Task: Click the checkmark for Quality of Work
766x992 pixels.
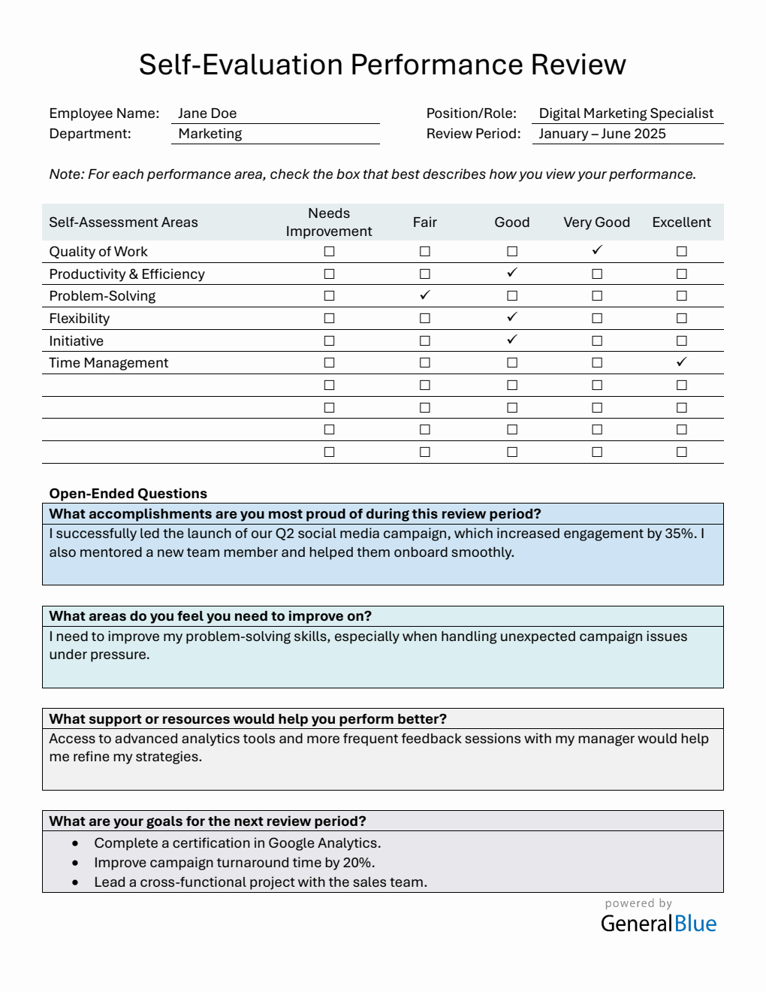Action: point(597,250)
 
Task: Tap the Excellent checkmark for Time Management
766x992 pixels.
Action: point(681,362)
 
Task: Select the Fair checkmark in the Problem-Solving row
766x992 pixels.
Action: point(425,295)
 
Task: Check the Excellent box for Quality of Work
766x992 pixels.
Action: point(681,252)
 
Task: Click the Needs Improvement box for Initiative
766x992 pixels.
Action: point(329,341)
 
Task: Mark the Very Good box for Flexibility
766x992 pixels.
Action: point(597,319)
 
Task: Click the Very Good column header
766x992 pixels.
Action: point(596,222)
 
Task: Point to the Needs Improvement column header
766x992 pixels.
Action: point(329,222)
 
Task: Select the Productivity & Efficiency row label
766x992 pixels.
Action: point(127,274)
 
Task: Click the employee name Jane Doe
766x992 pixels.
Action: point(207,113)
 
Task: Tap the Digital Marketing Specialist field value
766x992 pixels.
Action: point(626,113)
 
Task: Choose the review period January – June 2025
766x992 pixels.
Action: point(602,134)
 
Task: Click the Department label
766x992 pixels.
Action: point(90,134)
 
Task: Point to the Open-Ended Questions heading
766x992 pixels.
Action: point(128,494)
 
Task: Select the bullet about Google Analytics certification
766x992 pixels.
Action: point(237,843)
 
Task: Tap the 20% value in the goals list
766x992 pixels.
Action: point(358,863)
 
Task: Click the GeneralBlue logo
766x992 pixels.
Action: point(659,923)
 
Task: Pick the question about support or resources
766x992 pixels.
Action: point(248,719)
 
